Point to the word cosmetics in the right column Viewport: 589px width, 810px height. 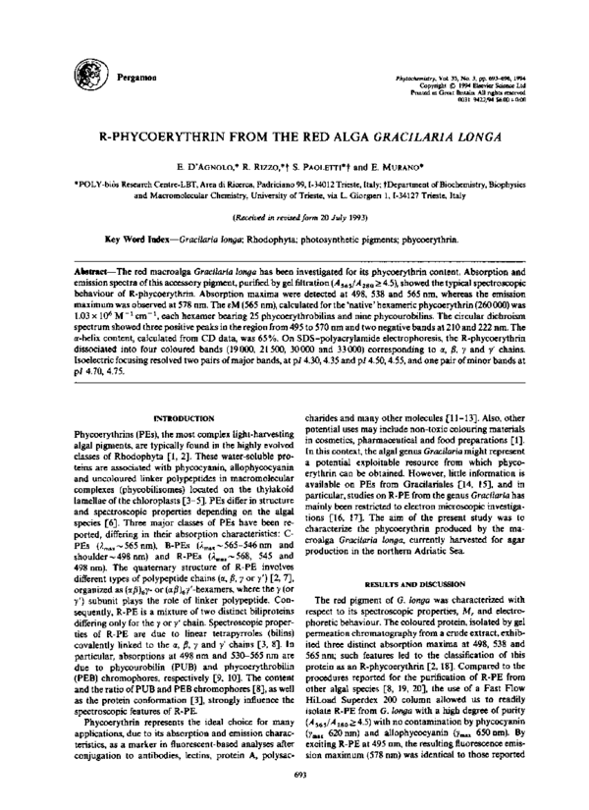(341, 432)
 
